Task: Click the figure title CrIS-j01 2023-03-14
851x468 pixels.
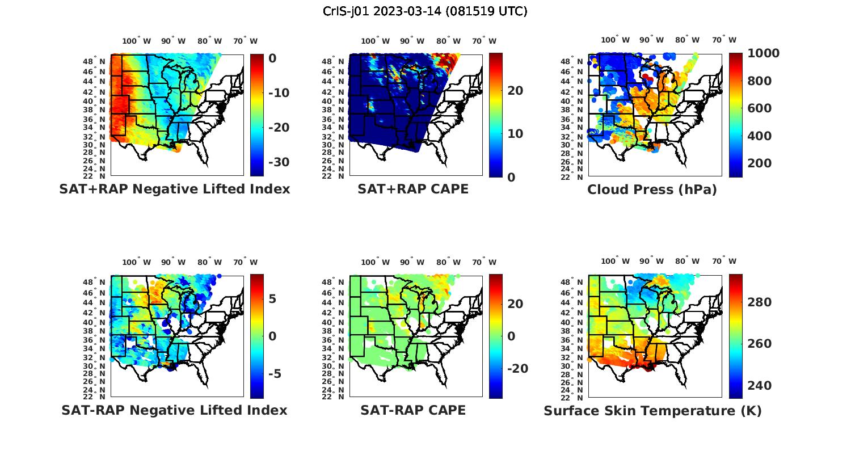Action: [425, 11]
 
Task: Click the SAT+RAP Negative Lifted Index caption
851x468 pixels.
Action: [174, 189]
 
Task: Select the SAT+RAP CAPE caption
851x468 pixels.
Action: [413, 189]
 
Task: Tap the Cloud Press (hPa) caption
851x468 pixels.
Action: [652, 189]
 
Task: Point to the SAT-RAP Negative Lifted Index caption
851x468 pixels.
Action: [174, 410]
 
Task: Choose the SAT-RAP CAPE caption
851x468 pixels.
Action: [413, 410]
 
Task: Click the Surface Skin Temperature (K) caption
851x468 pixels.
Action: [652, 411]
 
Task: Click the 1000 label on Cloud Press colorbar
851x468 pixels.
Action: [763, 53]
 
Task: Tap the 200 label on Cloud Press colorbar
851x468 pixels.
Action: [760, 163]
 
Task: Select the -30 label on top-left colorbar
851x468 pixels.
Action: [279, 162]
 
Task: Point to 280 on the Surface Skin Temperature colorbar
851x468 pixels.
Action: [760, 302]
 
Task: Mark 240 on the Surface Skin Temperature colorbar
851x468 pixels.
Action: [760, 386]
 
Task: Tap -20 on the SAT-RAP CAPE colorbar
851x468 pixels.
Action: [517, 369]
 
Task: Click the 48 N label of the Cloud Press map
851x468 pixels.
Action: [577, 61]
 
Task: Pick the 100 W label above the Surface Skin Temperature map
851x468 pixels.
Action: [615, 262]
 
